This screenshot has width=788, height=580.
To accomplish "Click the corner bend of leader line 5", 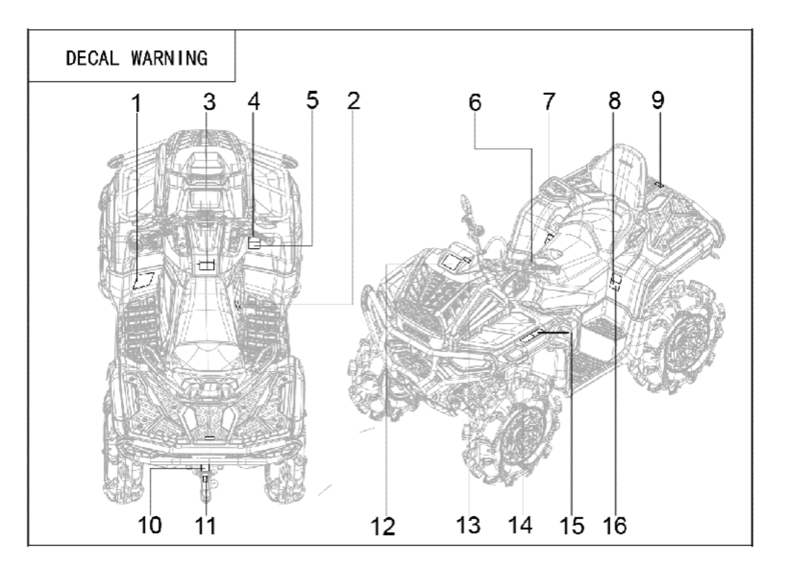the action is click(312, 246).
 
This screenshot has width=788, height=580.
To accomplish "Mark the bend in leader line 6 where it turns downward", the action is click(532, 149).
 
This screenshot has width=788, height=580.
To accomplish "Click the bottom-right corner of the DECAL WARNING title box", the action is click(235, 81).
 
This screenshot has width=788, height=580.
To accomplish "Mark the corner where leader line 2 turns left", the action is click(353, 304).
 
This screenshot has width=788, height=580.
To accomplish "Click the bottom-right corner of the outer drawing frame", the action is click(752, 546).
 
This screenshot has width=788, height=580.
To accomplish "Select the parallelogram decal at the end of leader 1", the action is click(143, 281).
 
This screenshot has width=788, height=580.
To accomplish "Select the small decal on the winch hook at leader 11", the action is click(205, 479).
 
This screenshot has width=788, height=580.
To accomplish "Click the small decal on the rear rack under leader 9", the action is click(659, 184).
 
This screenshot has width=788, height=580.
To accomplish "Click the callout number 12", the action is click(383, 527).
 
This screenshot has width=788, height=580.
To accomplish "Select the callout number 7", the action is click(549, 101).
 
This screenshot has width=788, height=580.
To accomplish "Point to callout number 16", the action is click(615, 525).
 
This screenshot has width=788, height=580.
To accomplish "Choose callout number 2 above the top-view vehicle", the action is click(353, 101).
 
